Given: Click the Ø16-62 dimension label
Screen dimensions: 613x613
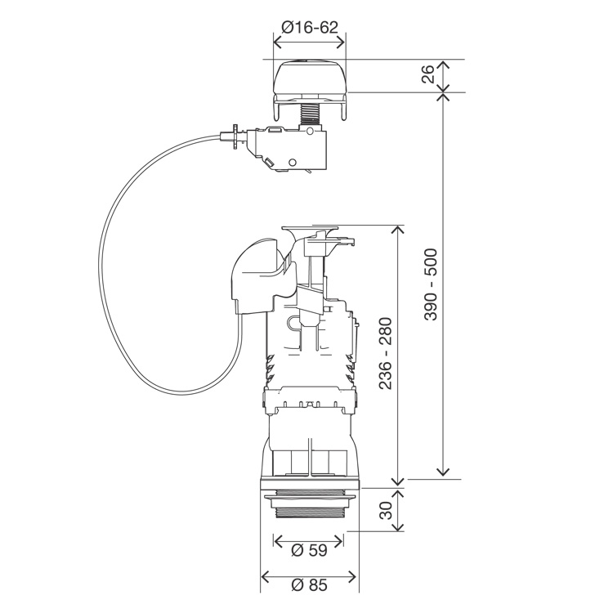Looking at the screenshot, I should (x=309, y=27).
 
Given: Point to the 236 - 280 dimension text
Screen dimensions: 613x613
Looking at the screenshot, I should (x=386, y=354).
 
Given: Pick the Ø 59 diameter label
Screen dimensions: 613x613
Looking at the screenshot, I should (x=309, y=550).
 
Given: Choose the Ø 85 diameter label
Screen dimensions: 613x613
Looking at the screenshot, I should (x=309, y=584).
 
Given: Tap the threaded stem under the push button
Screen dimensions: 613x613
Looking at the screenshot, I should (x=309, y=112).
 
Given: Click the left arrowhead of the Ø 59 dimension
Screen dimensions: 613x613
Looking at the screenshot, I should (x=277, y=541).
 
